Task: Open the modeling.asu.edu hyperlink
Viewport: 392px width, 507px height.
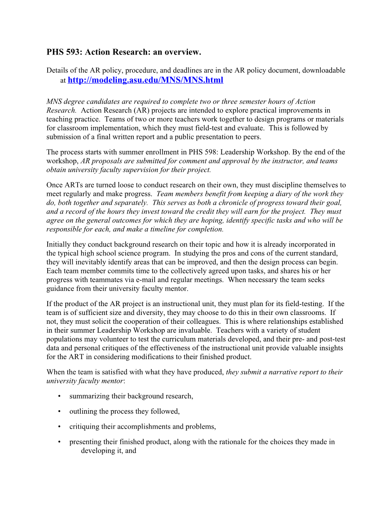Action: coord(145,80)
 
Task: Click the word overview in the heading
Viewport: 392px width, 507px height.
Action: coord(183,52)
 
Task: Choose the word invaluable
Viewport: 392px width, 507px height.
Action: coord(193,330)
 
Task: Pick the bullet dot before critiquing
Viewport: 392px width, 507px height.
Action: coord(59,427)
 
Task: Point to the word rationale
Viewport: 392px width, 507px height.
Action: coord(233,442)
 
